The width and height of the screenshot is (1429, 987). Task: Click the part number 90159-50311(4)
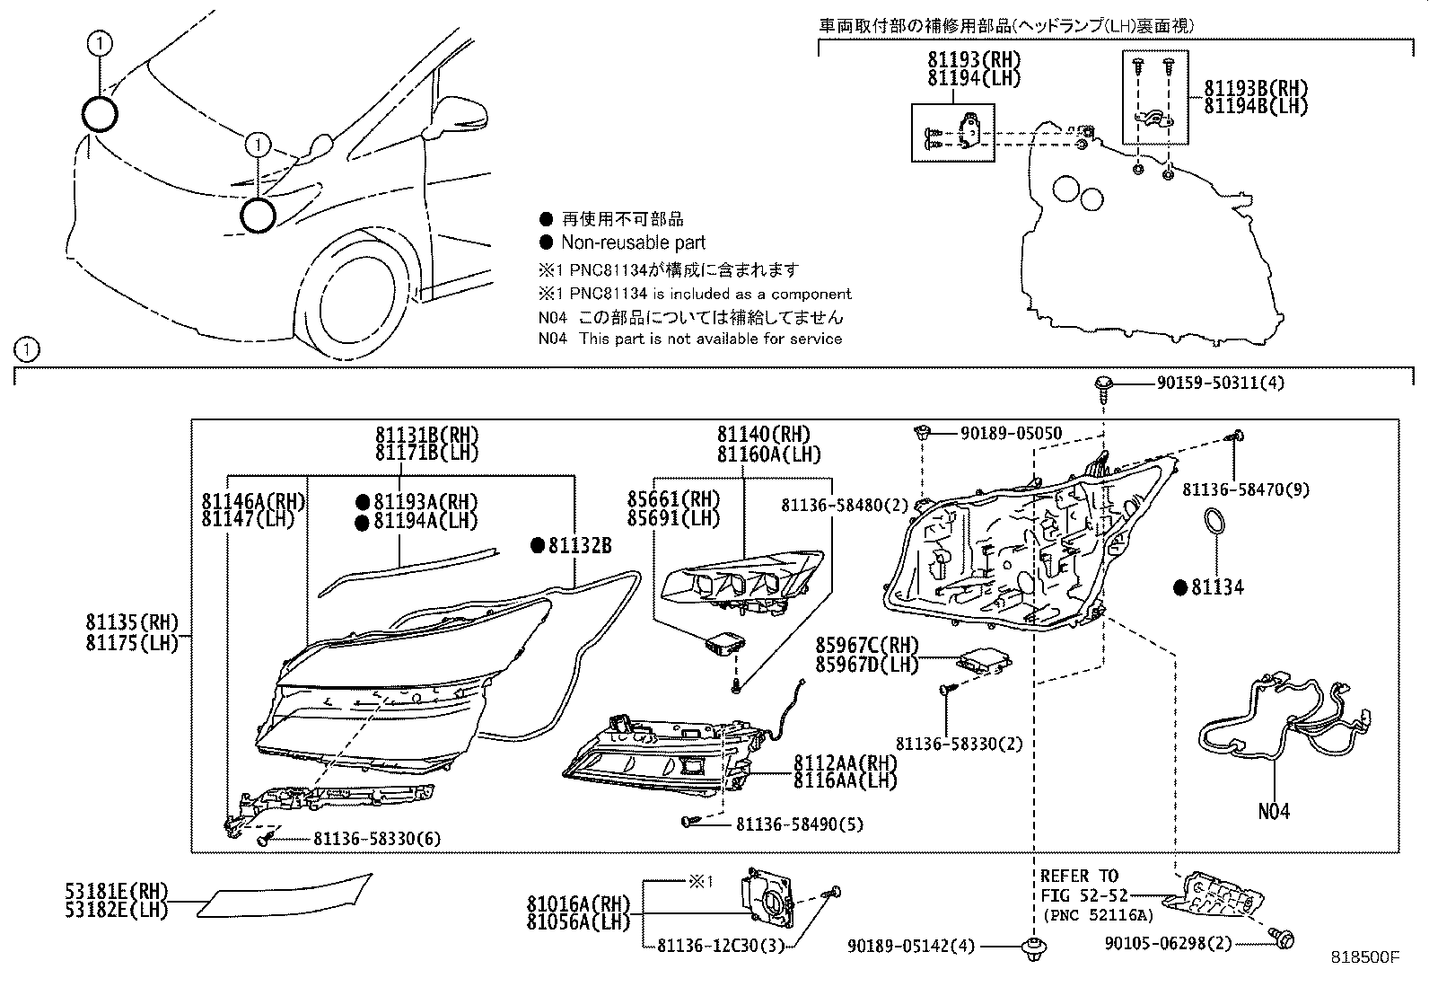1220,383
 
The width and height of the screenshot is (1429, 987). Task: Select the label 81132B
579,545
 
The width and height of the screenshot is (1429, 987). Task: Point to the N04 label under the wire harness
1273,812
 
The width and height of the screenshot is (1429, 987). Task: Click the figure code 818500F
1364,957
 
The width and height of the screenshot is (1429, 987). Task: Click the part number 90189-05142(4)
912,946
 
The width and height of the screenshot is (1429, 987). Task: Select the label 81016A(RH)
578,903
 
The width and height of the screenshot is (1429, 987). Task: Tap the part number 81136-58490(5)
799,824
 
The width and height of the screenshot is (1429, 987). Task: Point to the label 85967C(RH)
867,646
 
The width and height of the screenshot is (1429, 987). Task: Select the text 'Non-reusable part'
633,242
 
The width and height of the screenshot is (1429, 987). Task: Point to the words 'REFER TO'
1079,876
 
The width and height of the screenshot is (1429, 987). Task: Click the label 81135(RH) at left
132,621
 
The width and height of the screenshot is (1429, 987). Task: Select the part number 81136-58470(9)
1245,489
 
